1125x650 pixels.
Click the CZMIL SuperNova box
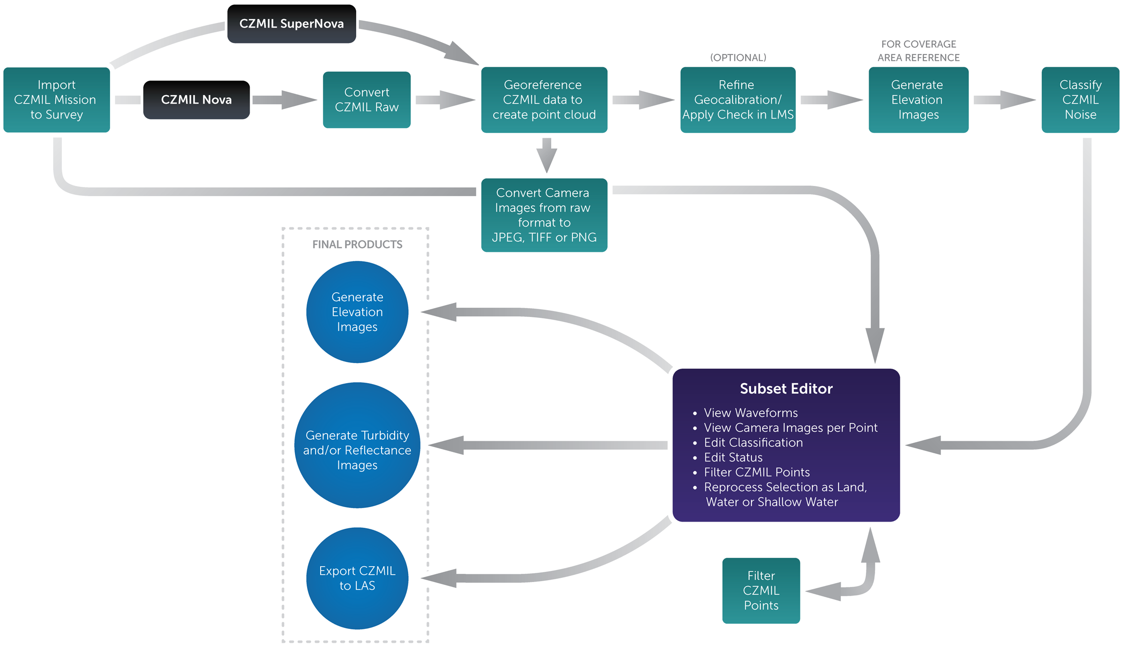[292, 24]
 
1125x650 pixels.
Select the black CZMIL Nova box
[196, 100]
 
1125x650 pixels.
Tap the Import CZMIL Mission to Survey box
[57, 100]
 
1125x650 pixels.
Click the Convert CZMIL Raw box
[367, 100]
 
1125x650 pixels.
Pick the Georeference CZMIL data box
[544, 100]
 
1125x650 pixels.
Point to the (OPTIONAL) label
[738, 58]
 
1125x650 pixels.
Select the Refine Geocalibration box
[738, 100]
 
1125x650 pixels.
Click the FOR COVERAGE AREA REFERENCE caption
[918, 51]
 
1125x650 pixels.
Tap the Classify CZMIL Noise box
[1080, 100]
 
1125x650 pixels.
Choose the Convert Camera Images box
[544, 215]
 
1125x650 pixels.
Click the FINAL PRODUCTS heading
[357, 244]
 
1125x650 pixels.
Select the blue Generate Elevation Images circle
[357, 312]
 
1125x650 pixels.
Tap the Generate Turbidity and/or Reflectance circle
[357, 450]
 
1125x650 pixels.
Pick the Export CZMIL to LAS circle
[357, 578]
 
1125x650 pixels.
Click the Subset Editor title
[786, 389]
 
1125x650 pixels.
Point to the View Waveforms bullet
[750, 413]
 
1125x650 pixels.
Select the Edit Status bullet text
[733, 458]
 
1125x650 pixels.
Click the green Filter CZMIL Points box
[761, 591]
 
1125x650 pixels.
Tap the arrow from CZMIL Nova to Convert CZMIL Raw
[284, 100]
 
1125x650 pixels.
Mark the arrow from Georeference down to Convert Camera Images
[547, 155]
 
